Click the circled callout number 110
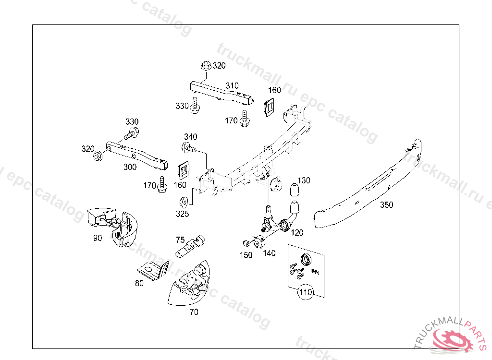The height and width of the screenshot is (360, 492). (306, 291)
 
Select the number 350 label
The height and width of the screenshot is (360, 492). (386, 205)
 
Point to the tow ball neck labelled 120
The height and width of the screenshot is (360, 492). (292, 216)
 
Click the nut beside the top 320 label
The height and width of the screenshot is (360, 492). (206, 66)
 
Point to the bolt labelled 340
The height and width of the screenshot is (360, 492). (189, 147)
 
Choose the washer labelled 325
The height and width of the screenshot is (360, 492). (183, 201)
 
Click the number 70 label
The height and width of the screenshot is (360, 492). (193, 312)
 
